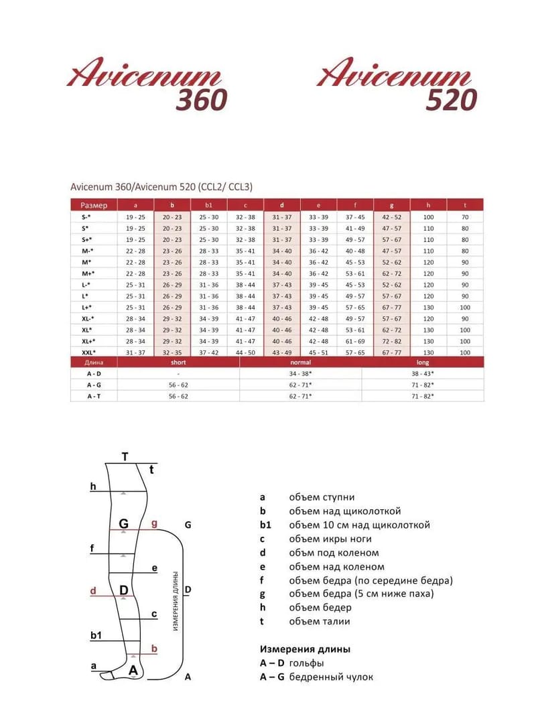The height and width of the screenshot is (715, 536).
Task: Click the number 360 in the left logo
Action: point(202,99)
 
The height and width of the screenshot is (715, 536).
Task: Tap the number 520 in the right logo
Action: point(452,99)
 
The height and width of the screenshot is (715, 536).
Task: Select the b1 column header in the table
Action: point(209,205)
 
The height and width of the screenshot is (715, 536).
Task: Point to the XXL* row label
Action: point(89,352)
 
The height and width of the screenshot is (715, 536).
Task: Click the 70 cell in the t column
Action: point(465,217)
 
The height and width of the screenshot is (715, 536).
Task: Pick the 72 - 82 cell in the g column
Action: point(391,341)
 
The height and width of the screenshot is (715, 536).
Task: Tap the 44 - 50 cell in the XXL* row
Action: point(245,352)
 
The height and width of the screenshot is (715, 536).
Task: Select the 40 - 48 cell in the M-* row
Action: point(355,251)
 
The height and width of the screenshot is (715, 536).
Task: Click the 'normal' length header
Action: point(300,363)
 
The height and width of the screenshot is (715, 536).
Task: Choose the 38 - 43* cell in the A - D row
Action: point(423,373)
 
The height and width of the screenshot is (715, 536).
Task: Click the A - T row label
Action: point(94,396)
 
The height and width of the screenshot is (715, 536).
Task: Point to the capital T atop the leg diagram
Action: point(125,457)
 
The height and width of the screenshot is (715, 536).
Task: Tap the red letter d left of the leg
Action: point(94,592)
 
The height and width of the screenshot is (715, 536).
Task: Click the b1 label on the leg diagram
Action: point(96,635)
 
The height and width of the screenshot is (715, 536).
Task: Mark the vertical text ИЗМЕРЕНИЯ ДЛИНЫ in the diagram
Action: point(175,600)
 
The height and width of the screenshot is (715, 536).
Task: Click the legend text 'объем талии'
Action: point(320,621)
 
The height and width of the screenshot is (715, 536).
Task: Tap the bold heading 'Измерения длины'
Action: point(305,649)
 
